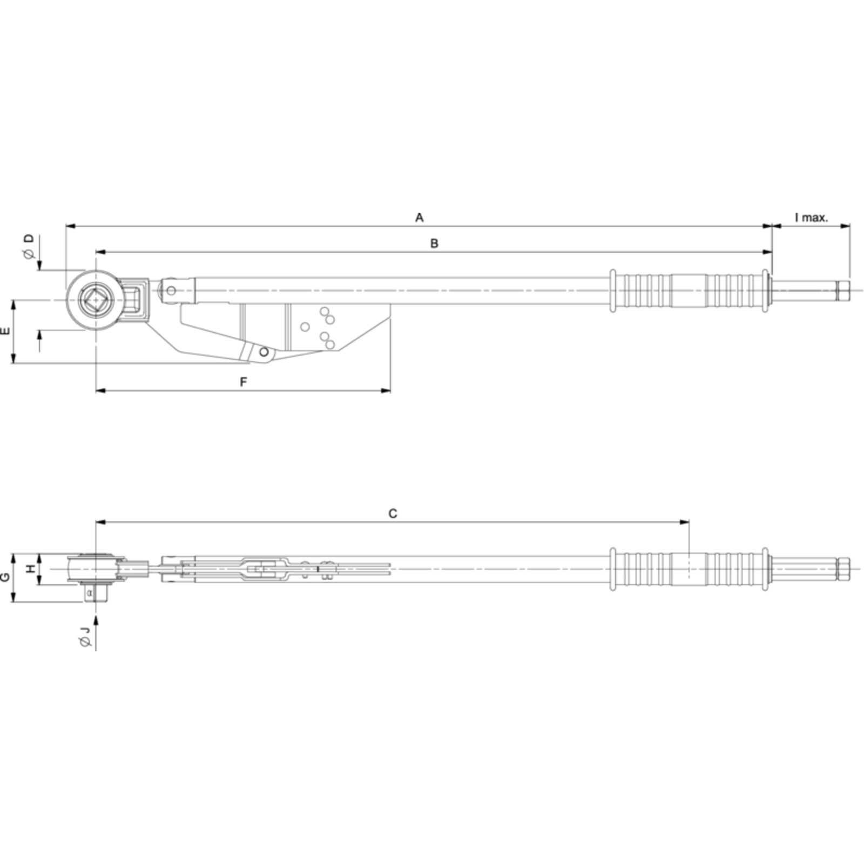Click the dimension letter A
click(419, 218)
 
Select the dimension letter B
click(434, 244)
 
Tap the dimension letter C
click(393, 514)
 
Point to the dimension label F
click(244, 382)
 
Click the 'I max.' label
click(811, 218)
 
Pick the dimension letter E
click(5, 331)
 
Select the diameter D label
click(29, 246)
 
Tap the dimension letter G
click(5, 577)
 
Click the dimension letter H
click(31, 569)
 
